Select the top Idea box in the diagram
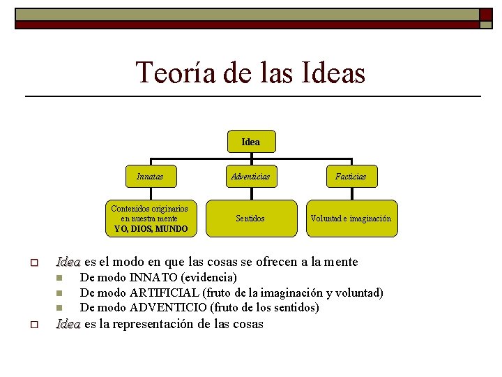250,142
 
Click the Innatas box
150,177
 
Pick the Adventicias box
250,177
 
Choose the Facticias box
350,177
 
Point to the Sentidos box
250,219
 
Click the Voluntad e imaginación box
351,219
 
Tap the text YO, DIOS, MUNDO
150,229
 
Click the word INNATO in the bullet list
153,277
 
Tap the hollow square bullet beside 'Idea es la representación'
33,325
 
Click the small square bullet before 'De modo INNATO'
60,278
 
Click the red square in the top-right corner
485,15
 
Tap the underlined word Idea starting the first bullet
68,262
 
